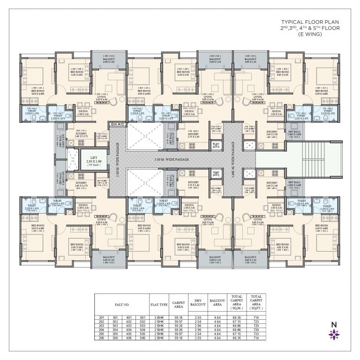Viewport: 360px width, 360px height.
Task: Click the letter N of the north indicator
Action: [334, 324]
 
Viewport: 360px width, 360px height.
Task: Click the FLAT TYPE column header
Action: [159, 304]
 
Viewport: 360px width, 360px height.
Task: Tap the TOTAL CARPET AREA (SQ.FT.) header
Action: [256, 304]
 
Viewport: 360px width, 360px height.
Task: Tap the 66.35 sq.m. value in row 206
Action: [236, 337]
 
